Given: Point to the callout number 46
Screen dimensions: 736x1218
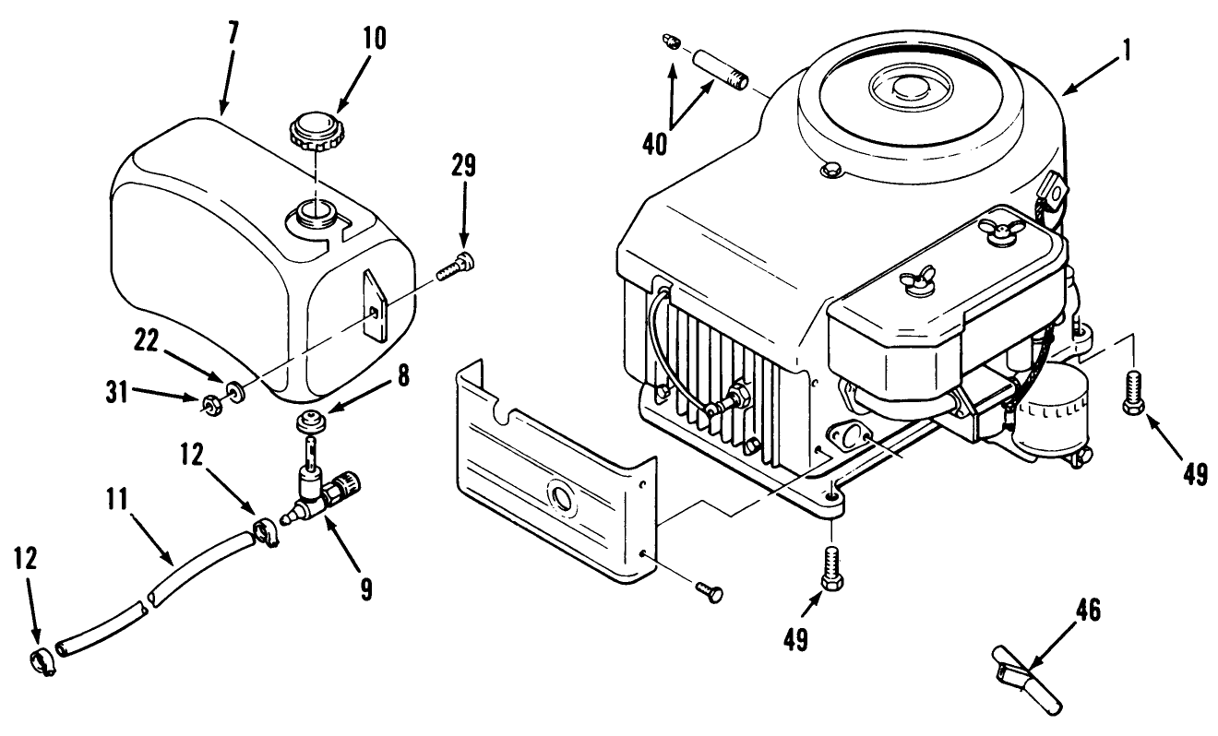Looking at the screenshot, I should [1086, 608].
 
